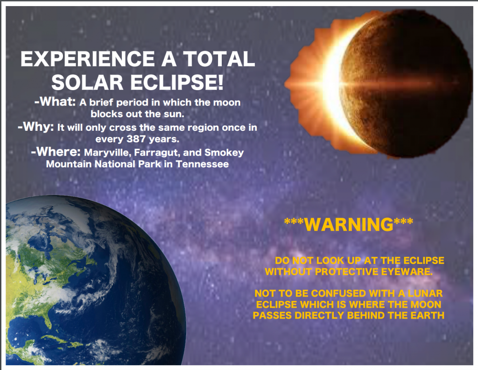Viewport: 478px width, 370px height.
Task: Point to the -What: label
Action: click(x=55, y=101)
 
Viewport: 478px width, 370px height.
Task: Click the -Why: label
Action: click(x=36, y=126)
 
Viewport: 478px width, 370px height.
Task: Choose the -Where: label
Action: click(x=56, y=151)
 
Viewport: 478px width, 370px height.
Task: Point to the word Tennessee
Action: click(x=202, y=164)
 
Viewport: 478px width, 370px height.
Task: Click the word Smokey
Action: click(x=224, y=152)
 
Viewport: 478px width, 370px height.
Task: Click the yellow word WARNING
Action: click(x=348, y=224)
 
